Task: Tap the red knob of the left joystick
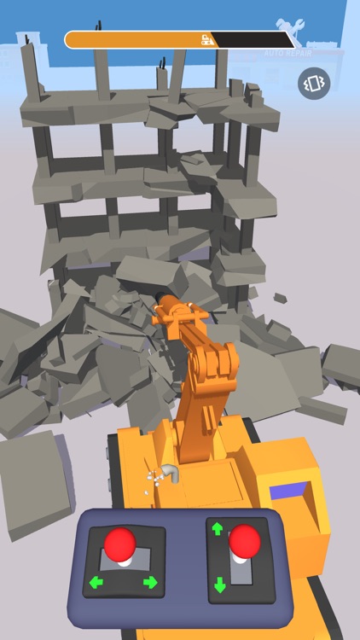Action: [120, 543]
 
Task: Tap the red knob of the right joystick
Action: [245, 539]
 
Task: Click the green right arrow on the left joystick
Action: [151, 583]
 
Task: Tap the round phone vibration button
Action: [313, 84]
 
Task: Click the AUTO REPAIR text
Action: [287, 53]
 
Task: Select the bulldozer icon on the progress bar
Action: [206, 39]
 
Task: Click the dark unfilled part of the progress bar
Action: [252, 39]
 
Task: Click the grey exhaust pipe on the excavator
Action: [171, 472]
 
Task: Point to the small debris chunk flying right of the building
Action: [280, 298]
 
